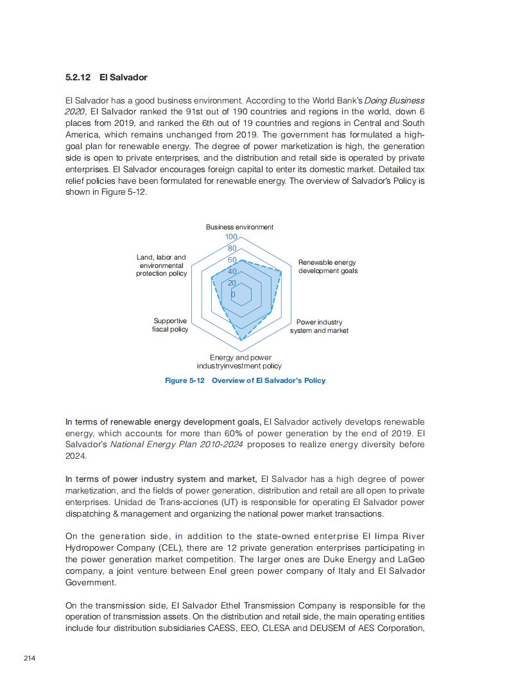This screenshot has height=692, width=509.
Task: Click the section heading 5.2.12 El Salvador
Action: [x=106, y=77]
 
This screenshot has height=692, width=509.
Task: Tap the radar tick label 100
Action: [x=231, y=238]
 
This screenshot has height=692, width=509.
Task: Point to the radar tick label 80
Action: [x=232, y=249]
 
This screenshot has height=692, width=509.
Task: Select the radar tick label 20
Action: [x=232, y=283]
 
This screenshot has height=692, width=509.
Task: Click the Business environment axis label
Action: [x=239, y=227]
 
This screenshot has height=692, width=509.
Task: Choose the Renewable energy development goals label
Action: [x=327, y=267]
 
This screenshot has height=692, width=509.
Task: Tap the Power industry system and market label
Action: [x=319, y=326]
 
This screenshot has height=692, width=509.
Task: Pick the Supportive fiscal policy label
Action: [x=170, y=325]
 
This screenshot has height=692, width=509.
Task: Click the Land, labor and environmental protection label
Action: [x=161, y=265]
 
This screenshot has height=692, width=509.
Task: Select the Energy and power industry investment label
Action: [x=239, y=362]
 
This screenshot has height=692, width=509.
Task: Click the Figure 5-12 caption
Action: [x=245, y=380]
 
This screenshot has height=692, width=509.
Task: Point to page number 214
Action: [x=30, y=658]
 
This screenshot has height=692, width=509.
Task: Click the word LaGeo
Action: [x=411, y=559]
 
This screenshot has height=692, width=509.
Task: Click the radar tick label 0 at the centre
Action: [x=232, y=295]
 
